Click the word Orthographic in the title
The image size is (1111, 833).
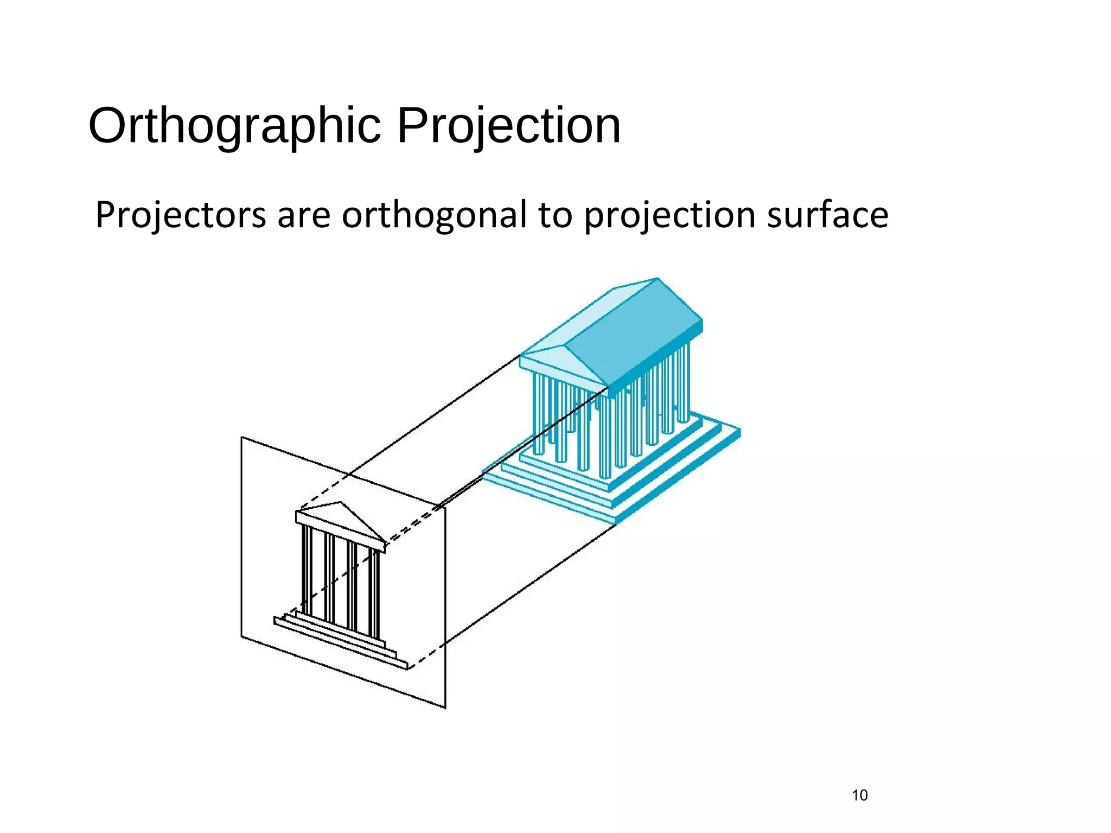[234, 126]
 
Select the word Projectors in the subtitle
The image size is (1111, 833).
[181, 215]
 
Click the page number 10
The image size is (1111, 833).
[860, 796]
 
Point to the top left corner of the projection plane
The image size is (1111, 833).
[242, 437]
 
